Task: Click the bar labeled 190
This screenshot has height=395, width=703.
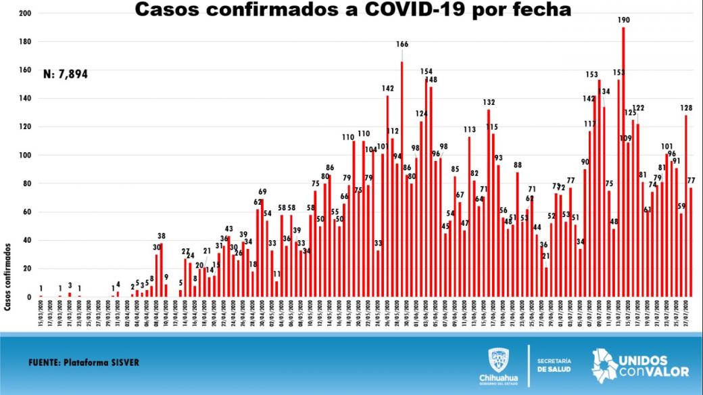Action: pos(623,162)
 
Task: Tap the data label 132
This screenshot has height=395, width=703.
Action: pos(489,102)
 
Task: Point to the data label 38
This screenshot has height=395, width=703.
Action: pos(161,236)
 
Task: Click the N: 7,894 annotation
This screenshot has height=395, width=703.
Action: pos(65,74)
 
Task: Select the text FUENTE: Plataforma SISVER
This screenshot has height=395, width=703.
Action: pos(84,362)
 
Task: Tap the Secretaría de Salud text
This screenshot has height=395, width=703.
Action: pos(555,364)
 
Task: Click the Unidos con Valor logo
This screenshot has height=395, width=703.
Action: pos(640,365)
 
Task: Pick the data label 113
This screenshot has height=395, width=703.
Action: pos(469,129)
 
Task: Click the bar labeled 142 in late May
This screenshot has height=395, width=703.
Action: pos(387,196)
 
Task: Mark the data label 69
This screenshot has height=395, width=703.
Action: pos(262,192)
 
